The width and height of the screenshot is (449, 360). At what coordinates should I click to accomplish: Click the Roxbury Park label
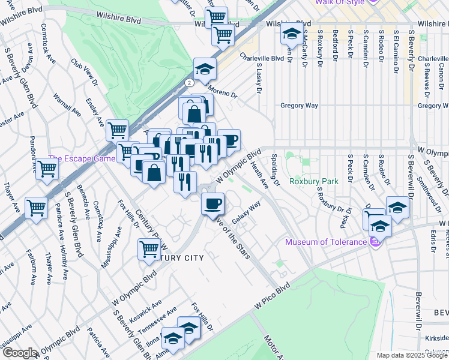pyautogui.click(x=313, y=181)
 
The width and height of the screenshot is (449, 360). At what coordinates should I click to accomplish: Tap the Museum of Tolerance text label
pyautogui.click(x=325, y=242)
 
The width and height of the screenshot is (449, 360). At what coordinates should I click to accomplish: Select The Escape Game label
pyautogui.click(x=82, y=159)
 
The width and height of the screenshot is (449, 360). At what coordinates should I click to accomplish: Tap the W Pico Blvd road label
pyautogui.click(x=271, y=296)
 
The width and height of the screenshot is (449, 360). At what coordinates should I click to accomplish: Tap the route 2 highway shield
pyautogui.click(x=189, y=82)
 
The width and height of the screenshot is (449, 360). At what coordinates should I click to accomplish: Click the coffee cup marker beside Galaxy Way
pyautogui.click(x=212, y=205)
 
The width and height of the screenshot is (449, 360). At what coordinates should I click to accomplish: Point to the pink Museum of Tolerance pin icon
pyautogui.click(x=376, y=242)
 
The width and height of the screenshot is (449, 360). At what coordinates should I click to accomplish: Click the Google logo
pyautogui.click(x=19, y=353)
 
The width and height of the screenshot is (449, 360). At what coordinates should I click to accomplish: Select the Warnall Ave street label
pyautogui.click(x=67, y=103)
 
